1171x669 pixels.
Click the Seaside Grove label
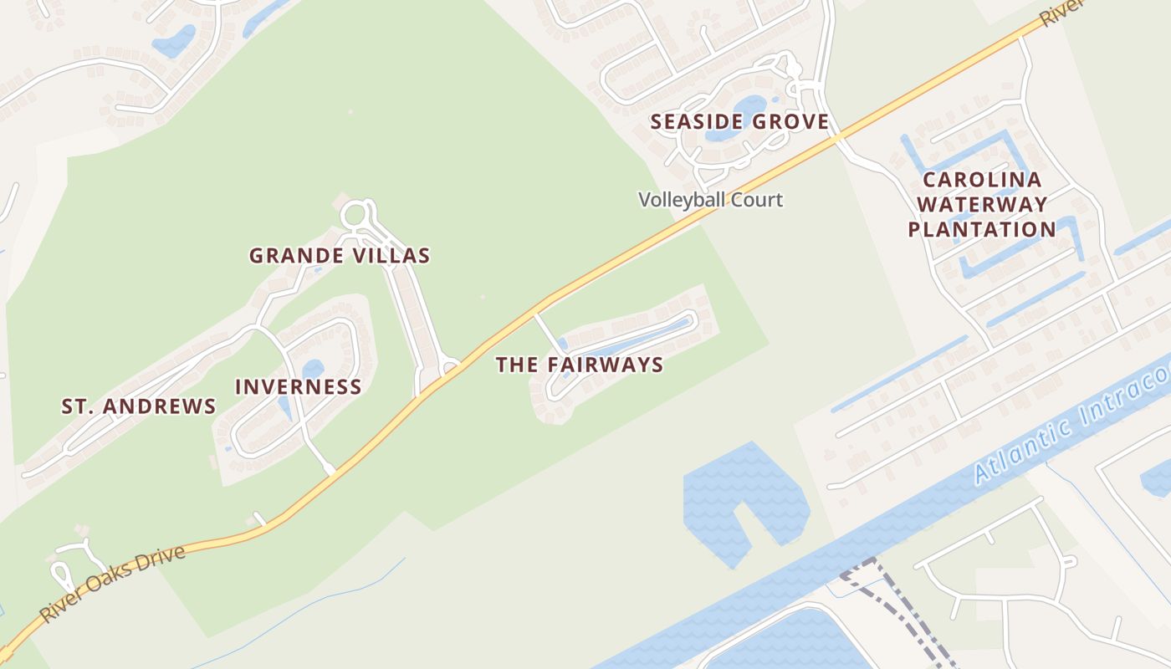coord(739,122)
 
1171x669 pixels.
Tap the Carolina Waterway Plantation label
coord(982,204)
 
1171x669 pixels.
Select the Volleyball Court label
coord(711,200)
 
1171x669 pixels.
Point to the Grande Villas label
coord(340,256)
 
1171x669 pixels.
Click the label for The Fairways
coord(580,365)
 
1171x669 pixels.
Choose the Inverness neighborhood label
coord(299,386)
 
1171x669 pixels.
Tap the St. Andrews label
coord(139,406)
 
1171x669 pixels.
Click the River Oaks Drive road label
coord(112,585)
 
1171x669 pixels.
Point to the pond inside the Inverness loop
coord(313,369)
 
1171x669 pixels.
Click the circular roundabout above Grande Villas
coord(358,213)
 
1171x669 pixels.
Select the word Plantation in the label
coord(982,229)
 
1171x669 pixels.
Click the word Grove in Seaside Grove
coord(790,122)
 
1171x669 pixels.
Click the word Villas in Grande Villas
coord(393,256)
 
